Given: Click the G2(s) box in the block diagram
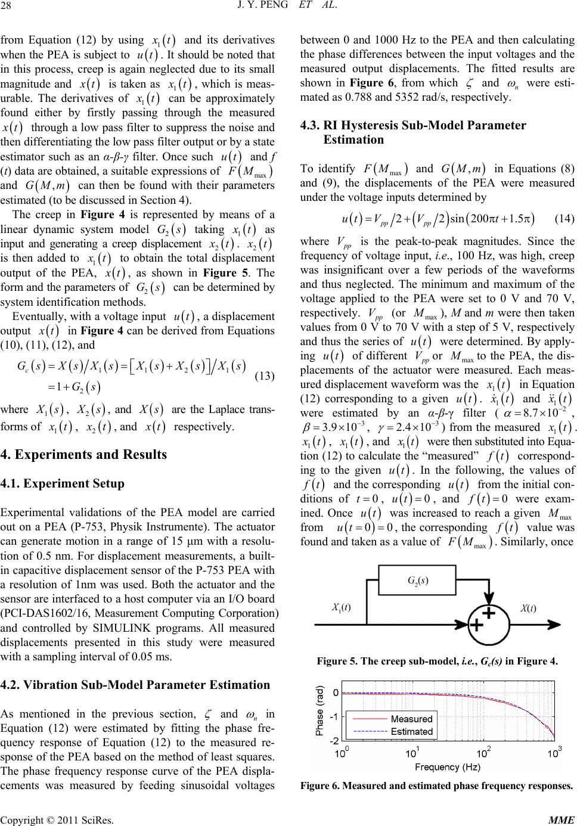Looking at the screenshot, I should [417, 580].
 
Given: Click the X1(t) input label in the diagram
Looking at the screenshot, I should [341, 607].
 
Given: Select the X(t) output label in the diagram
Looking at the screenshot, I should [528, 608].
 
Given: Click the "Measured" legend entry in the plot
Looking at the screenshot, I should [411, 720].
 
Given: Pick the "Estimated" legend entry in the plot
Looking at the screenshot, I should [411, 732].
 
